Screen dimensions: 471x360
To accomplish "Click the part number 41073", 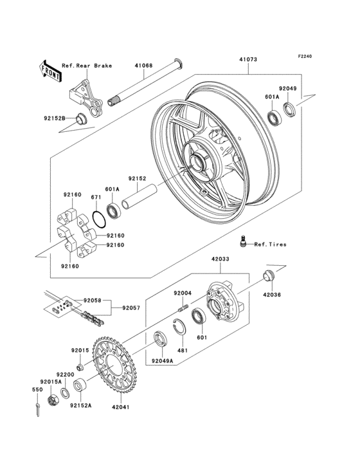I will point(248,59).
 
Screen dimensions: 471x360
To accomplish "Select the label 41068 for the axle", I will point(143,65).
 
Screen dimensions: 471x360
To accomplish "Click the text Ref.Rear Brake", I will point(86,65).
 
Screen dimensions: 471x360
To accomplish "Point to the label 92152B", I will point(55,118).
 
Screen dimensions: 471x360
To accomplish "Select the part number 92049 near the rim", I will point(288,89).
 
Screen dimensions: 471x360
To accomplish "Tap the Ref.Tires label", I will point(270,245).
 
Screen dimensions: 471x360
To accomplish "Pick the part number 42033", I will point(221,261).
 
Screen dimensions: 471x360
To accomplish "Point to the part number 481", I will point(182,351).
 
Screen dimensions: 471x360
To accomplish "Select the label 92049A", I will point(161,361).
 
